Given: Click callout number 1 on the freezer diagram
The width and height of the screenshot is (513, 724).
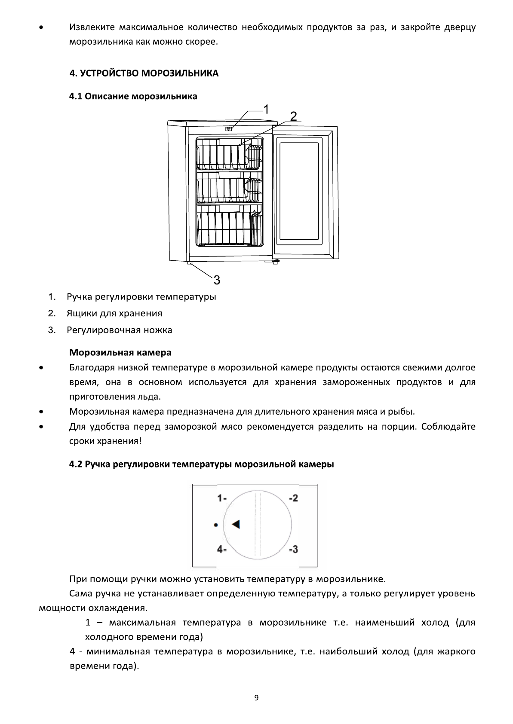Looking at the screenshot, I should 266,110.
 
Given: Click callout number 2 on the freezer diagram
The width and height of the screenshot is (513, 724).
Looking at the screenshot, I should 293,116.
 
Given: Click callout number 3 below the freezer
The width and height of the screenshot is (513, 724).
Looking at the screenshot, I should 217,280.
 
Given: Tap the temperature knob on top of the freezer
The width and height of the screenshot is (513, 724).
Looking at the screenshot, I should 229,128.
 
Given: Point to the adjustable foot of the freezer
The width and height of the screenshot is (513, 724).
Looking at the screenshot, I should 190,263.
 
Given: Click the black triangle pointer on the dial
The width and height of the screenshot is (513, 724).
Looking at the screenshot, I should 235,524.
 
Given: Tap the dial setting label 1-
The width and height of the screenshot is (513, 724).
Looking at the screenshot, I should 222,498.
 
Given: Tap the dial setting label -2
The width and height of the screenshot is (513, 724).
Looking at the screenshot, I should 293,498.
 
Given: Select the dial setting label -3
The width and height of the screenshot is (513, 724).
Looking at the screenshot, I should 293,549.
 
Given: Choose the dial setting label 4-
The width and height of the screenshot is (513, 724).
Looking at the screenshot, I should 222,550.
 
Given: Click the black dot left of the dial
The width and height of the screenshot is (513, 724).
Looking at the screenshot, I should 216,525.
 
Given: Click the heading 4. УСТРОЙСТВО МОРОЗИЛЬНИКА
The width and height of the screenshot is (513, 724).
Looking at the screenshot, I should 144,73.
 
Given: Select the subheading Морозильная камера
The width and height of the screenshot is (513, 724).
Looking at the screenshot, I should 120,353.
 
